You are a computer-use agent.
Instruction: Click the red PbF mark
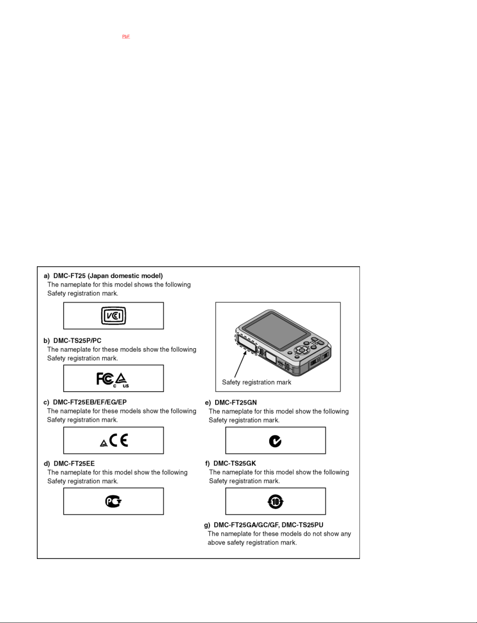pyautogui.click(x=126, y=36)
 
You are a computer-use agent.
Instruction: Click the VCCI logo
pyautogui.click(x=113, y=316)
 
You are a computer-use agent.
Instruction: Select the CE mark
pyautogui.click(x=119, y=440)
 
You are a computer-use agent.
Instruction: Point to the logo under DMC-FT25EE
pyautogui.click(x=113, y=502)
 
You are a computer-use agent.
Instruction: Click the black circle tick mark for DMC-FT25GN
pyautogui.click(x=275, y=441)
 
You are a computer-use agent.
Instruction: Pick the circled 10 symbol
pyautogui.click(x=276, y=502)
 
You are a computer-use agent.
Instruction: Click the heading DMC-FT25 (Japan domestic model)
pyautogui.click(x=108, y=276)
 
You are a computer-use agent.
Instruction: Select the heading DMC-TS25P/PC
pyautogui.click(x=77, y=341)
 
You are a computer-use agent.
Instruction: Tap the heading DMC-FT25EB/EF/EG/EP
pyautogui.click(x=90, y=402)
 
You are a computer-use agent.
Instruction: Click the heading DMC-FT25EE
pyautogui.click(x=74, y=464)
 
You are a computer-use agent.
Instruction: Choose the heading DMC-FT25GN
pyautogui.click(x=235, y=402)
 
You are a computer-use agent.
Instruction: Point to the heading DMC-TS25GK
pyautogui.click(x=235, y=463)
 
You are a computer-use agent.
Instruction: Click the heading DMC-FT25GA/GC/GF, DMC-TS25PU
pyautogui.click(x=268, y=525)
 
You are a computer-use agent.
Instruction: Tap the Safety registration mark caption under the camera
pyautogui.click(x=257, y=382)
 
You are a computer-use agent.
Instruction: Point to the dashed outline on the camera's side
pyautogui.click(x=246, y=343)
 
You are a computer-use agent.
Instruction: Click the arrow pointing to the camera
pyautogui.click(x=240, y=365)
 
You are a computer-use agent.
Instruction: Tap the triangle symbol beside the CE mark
pyautogui.click(x=104, y=443)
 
